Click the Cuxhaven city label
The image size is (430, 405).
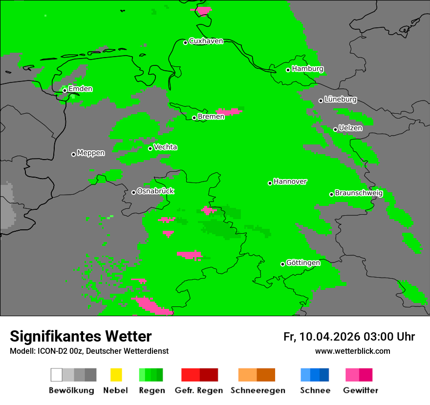pyautogui.click(x=206, y=41)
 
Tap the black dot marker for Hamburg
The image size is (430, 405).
pyautogui.click(x=288, y=70)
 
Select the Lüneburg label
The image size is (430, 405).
pyautogui.click(x=341, y=99)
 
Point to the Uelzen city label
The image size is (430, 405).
pyautogui.click(x=350, y=128)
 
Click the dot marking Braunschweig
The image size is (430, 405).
pyautogui.click(x=331, y=194)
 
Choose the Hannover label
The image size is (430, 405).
pyautogui.click(x=290, y=182)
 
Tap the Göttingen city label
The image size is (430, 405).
pyautogui.click(x=303, y=263)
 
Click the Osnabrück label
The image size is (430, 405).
pyautogui.click(x=155, y=191)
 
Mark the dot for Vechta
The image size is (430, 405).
pyautogui.click(x=150, y=148)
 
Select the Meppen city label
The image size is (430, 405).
pyautogui.click(x=91, y=153)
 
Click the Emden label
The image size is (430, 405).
pyautogui.click(x=80, y=89)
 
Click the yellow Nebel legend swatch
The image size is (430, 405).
pyautogui.click(x=116, y=375)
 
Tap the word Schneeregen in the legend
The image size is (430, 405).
pyautogui.click(x=258, y=390)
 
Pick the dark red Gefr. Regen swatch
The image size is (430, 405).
pyautogui.click(x=209, y=375)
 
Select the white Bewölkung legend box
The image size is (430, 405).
pyautogui.click(x=57, y=375)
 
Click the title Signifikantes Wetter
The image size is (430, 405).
pyautogui.click(x=81, y=336)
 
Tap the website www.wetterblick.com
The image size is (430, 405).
pyautogui.click(x=352, y=351)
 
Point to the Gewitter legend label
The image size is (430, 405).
pyautogui.click(x=361, y=390)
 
